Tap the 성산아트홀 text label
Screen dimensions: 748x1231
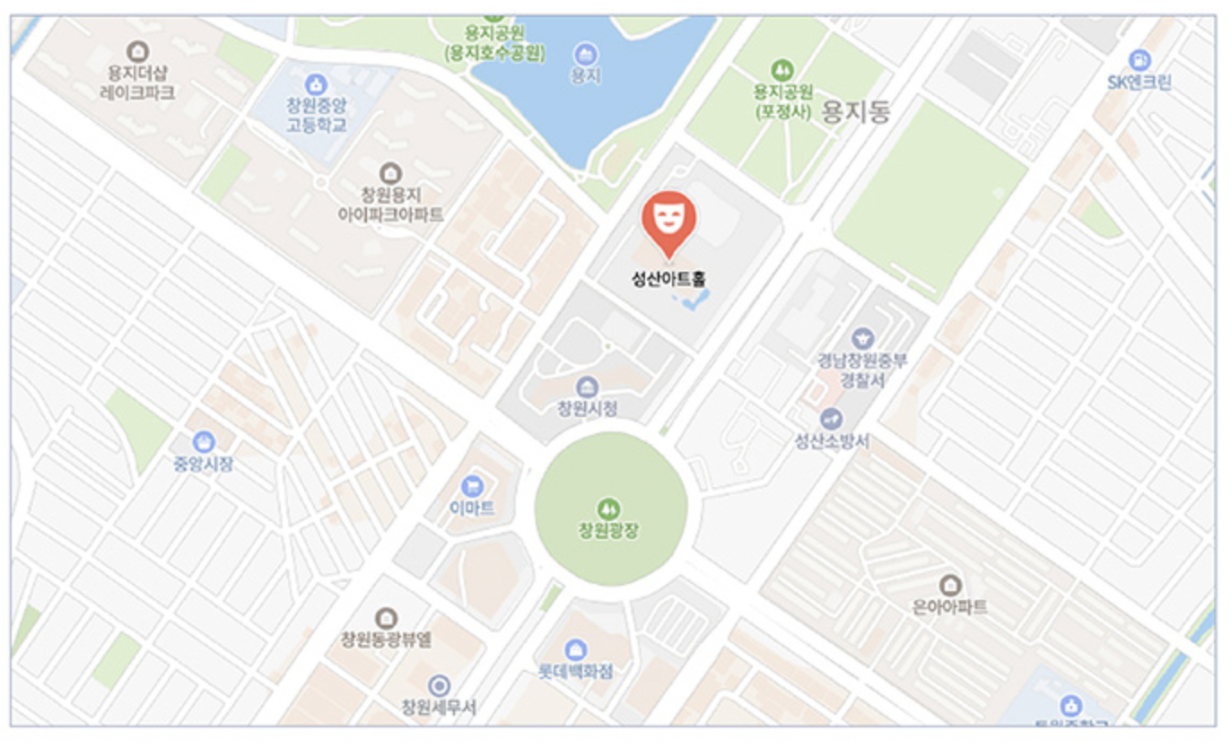668,279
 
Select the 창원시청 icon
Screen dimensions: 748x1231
588,387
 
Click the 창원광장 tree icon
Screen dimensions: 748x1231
609,509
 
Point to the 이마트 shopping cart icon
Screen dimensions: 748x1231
472,487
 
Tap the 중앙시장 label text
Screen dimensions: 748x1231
204,464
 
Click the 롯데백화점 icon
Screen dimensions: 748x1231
576,648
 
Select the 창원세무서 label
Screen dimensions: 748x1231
439,708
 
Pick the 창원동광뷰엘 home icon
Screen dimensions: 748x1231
386,617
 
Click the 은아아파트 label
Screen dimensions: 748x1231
949,607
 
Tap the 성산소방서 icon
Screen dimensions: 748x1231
832,419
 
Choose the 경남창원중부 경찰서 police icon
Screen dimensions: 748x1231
862,338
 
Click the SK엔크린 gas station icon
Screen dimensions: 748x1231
1139,60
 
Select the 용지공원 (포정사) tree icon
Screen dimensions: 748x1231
782,69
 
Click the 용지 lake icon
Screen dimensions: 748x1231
586,54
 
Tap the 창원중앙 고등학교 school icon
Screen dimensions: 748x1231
316,85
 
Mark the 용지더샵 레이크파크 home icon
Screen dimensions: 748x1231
137,51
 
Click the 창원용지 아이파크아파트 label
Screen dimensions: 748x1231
390,204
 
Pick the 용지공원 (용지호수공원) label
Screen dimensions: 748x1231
493,45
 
